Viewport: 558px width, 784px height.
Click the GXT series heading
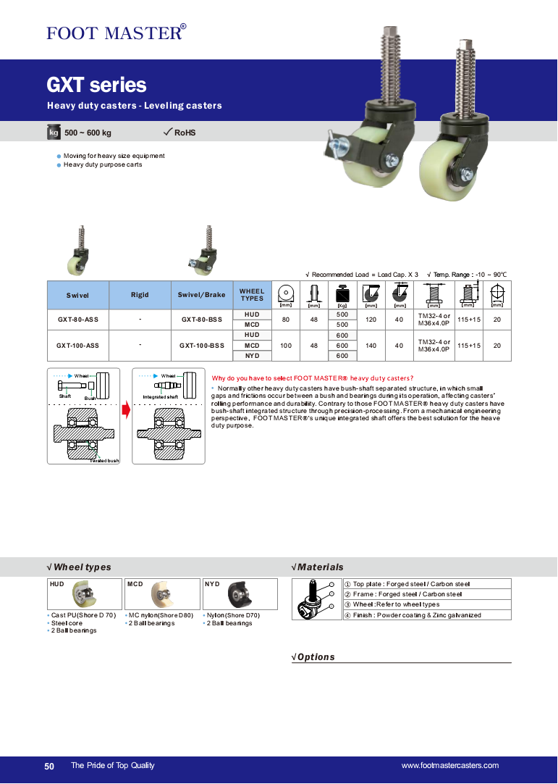(x=96, y=86)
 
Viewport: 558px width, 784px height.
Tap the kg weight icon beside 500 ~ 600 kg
(x=54, y=133)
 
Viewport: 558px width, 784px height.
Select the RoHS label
(x=185, y=133)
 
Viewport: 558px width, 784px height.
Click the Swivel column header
(x=77, y=295)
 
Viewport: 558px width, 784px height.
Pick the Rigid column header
(x=140, y=295)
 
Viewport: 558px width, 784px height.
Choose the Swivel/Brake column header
(x=202, y=295)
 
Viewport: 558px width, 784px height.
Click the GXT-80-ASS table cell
(x=77, y=320)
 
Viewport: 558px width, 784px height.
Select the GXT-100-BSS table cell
(x=202, y=346)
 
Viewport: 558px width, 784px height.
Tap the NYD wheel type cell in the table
(x=252, y=356)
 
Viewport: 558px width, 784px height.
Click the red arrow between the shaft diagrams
(x=126, y=411)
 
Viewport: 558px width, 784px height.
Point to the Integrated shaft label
(x=161, y=397)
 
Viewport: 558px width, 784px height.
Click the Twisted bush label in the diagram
(x=104, y=461)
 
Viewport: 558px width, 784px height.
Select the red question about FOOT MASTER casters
(x=313, y=378)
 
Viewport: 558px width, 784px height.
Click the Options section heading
(x=316, y=657)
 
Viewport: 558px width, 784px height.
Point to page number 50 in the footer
(x=49, y=766)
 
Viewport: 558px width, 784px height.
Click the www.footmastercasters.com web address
(x=449, y=766)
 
